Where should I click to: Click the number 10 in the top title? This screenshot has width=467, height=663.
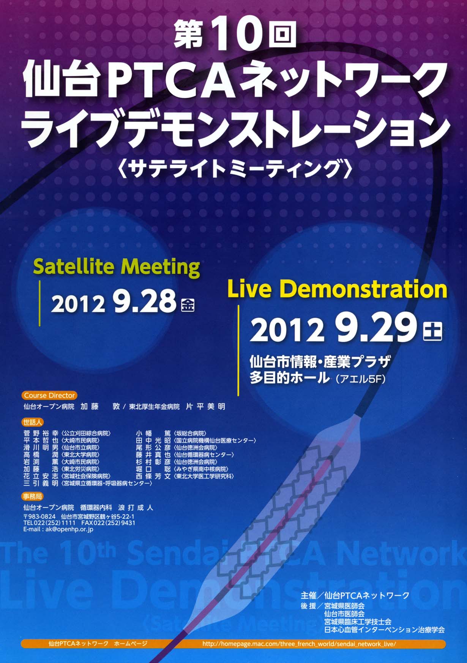click(235, 35)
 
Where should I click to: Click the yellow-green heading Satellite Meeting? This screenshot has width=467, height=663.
click(117, 267)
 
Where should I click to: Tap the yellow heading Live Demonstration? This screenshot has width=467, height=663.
click(337, 289)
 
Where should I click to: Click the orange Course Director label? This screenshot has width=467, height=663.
click(49, 395)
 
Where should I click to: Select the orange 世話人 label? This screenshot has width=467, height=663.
click(33, 422)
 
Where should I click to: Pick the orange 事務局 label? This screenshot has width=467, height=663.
click(33, 496)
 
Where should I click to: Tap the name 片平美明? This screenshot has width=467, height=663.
click(205, 406)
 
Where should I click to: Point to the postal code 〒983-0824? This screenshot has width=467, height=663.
click(39, 517)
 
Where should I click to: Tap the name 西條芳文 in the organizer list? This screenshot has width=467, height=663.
click(153, 476)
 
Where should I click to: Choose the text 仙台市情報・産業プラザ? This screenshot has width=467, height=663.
click(320, 361)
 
